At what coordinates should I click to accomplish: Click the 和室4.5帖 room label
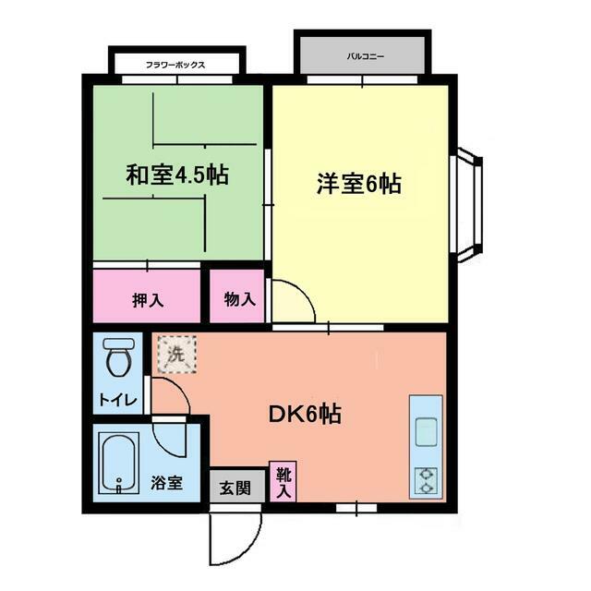click(177, 174)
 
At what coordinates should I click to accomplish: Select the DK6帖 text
click(305, 415)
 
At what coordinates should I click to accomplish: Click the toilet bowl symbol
click(117, 357)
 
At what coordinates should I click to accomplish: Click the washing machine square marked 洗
click(175, 353)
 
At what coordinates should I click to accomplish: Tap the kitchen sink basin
click(427, 430)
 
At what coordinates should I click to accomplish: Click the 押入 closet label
click(147, 300)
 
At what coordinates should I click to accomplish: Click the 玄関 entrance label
click(235, 487)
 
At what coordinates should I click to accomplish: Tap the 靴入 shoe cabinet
click(283, 481)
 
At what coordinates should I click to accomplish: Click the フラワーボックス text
click(175, 65)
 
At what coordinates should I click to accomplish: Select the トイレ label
click(117, 400)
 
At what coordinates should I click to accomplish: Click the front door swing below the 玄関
click(231, 536)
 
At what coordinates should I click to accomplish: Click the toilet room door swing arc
click(172, 394)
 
